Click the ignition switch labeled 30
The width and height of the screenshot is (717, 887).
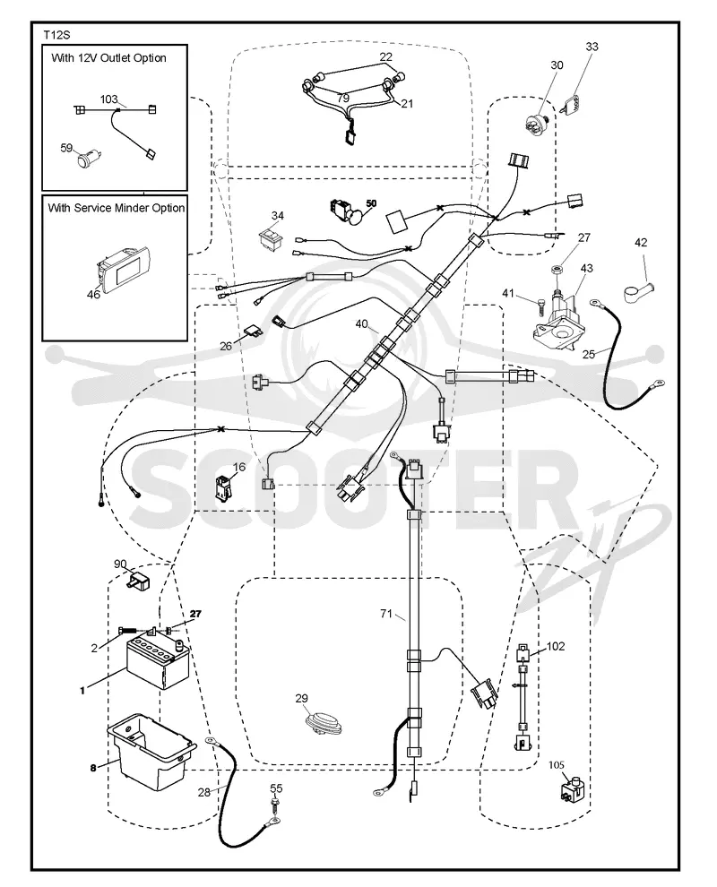[538, 122]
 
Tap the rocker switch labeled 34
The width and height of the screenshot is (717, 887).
[274, 237]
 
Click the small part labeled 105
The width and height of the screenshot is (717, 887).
[572, 789]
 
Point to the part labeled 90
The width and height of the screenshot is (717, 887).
[139, 581]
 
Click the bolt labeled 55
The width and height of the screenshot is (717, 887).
[275, 804]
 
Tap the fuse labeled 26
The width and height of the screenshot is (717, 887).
[254, 330]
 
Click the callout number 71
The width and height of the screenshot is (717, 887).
[386, 613]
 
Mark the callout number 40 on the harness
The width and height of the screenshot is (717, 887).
[361, 324]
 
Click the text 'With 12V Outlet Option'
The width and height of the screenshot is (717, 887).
[108, 57]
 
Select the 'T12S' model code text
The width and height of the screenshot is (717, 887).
[56, 35]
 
